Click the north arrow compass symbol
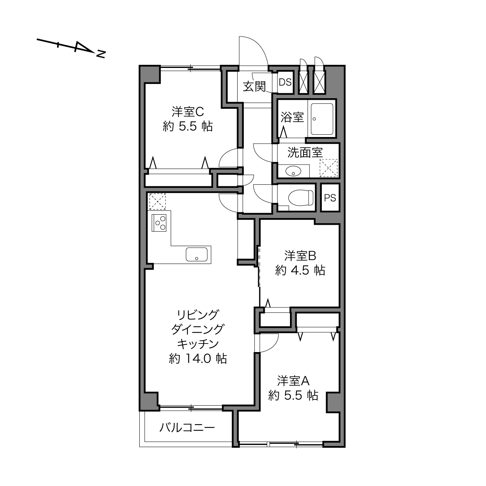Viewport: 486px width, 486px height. (71, 48)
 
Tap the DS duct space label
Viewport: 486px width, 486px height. (285, 82)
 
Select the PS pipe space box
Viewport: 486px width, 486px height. (330, 198)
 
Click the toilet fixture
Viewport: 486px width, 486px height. (300, 198)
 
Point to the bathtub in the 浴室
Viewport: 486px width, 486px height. (322, 119)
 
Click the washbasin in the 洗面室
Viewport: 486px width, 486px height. (293, 172)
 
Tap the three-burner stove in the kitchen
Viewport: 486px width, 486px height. (159, 223)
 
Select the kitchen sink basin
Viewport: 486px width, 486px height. (196, 254)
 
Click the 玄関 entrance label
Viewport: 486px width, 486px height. (254, 87)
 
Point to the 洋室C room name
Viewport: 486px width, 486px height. (187, 112)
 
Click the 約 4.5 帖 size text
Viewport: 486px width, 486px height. (300, 271)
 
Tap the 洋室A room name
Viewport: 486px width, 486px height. (293, 381)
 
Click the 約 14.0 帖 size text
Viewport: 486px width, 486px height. (198, 359)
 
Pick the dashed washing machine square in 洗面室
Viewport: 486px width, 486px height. (328, 168)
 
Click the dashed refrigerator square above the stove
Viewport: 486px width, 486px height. (157, 201)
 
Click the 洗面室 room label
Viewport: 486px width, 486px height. (305, 153)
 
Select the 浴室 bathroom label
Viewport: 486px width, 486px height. (292, 117)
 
